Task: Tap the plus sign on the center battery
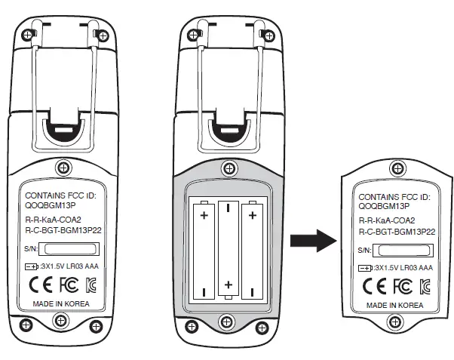228,285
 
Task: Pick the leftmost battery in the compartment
203,248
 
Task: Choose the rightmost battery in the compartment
252,248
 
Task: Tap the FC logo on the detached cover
402,286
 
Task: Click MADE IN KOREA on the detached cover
395,306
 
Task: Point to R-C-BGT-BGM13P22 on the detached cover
395,232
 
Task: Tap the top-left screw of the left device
28,35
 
